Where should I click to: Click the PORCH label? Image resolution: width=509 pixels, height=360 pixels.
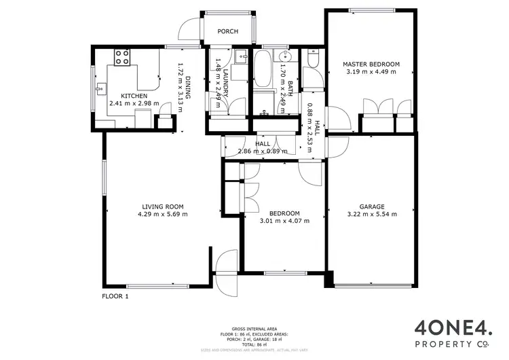click(227, 31)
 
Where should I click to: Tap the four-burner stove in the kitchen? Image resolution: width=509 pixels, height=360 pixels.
click(122, 58)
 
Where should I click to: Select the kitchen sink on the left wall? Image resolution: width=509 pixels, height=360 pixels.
click(101, 88)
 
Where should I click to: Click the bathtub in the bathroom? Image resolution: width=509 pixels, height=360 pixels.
click(263, 71)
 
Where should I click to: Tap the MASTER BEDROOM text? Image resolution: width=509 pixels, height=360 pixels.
click(371, 64)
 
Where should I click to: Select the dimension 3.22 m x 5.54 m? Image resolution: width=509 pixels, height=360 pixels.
click(372, 213)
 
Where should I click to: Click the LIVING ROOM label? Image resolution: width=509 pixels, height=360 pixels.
click(163, 206)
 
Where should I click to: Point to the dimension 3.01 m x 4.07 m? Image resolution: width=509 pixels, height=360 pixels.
click(285, 220)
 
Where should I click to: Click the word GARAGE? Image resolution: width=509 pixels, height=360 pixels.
click(372, 206)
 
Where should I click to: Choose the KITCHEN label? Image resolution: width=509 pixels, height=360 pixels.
click(134, 96)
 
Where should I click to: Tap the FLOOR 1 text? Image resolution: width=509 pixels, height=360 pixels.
click(115, 296)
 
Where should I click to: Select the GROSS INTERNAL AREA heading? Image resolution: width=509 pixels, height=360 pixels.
click(254, 327)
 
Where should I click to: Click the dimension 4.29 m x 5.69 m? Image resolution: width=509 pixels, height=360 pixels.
click(163, 214)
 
